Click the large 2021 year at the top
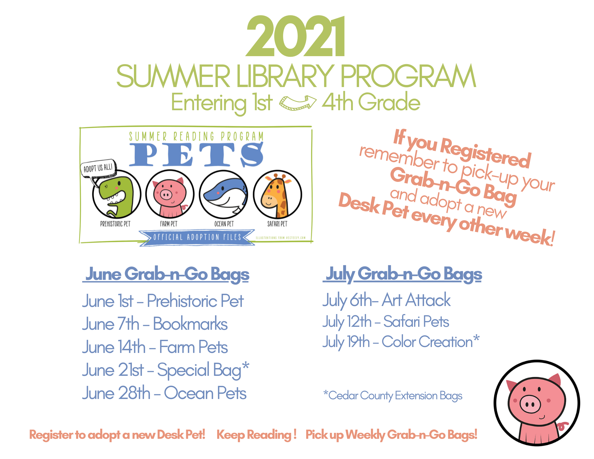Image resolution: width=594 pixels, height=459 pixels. (x=296, y=36)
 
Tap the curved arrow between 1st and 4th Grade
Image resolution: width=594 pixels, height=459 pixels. (x=298, y=103)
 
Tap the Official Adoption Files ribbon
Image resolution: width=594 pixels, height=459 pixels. (x=197, y=237)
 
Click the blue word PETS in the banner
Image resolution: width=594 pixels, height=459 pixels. (x=196, y=154)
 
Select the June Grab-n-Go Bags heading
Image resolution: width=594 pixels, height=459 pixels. (x=166, y=274)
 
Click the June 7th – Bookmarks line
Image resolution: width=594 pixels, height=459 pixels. (x=155, y=324)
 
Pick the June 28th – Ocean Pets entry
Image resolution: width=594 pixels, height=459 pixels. (x=164, y=393)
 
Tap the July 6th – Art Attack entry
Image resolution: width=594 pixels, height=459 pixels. (x=386, y=300)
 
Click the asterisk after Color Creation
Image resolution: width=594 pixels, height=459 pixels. (x=476, y=338)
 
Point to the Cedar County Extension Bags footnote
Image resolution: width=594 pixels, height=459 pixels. (x=393, y=396)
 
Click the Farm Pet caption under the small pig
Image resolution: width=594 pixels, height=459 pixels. (x=168, y=224)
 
